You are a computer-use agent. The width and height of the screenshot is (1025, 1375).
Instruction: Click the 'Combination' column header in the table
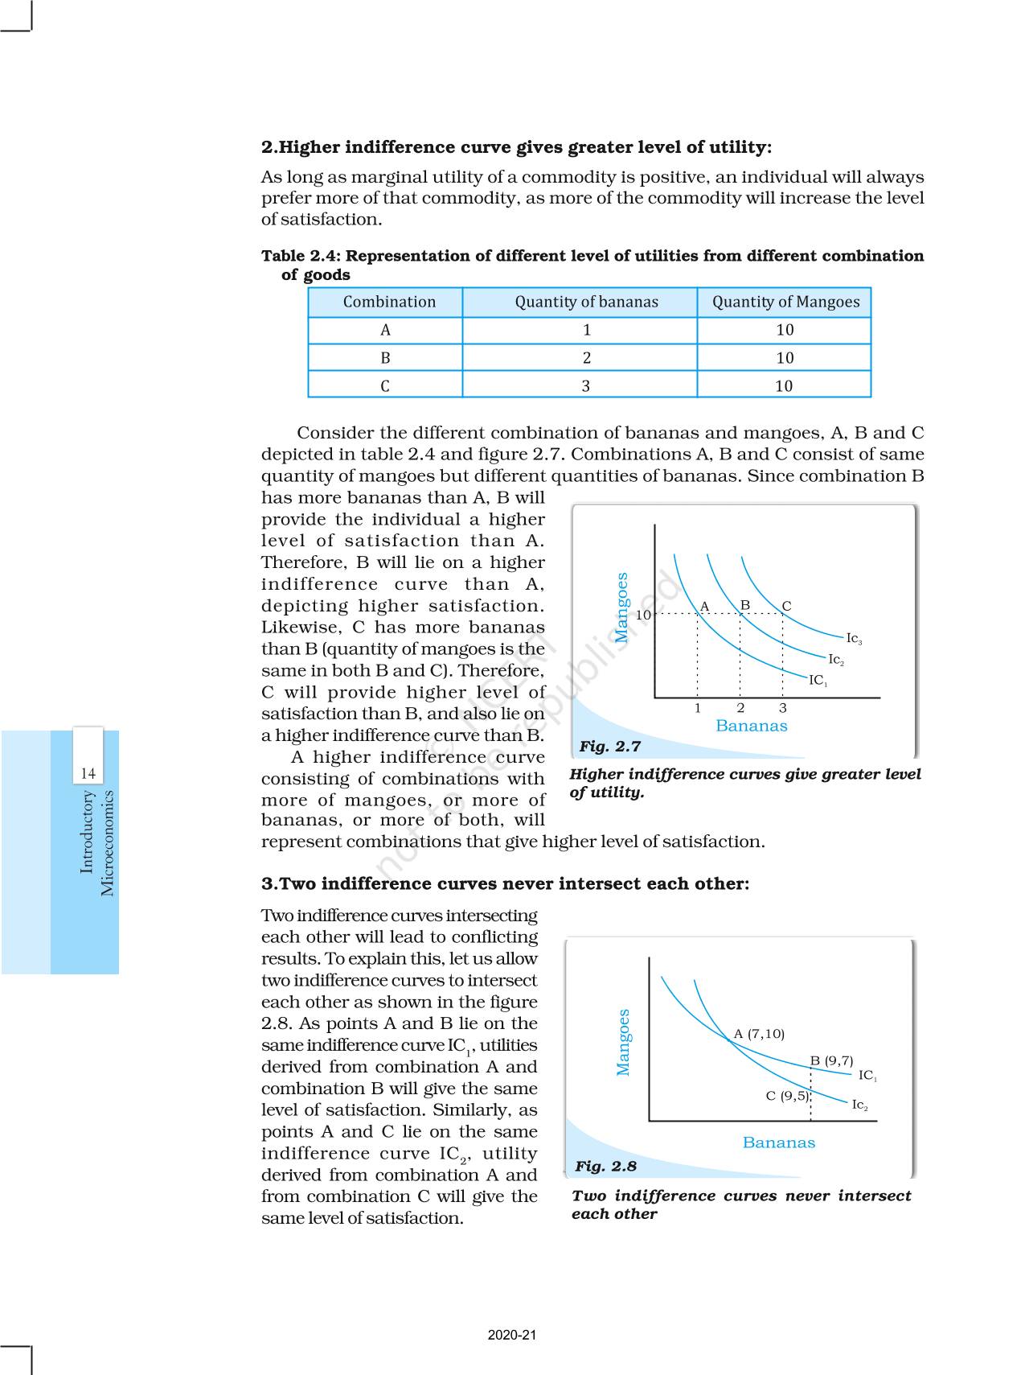coord(389,302)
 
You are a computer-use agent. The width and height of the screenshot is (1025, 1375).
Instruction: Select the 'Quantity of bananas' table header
coord(586,302)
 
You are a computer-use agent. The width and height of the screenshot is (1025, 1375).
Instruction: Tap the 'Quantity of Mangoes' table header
coord(785,302)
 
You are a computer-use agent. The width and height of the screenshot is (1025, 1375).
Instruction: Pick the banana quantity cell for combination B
coord(586,358)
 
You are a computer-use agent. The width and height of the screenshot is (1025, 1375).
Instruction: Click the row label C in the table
coord(385,386)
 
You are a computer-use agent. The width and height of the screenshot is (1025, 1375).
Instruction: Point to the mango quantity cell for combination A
coord(785,330)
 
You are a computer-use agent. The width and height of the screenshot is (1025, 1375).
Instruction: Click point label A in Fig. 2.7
coord(704,607)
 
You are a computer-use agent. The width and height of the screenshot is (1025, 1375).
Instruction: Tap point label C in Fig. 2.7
coord(786,606)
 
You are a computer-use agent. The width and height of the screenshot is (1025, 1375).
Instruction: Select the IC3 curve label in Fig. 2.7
coord(854,639)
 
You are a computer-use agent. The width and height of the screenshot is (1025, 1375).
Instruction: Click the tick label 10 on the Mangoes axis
coord(643,615)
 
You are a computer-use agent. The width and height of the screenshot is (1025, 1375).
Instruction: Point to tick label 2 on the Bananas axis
coord(740,708)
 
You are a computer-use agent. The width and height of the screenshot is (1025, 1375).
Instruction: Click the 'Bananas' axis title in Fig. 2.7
coord(751,726)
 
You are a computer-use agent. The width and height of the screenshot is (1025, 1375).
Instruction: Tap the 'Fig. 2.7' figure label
coord(609,747)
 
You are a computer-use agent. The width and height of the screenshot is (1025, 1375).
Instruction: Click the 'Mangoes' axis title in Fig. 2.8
coord(623,1042)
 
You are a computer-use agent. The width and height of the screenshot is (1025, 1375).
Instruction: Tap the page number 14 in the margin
coord(88,773)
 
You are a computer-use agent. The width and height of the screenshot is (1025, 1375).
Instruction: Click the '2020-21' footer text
coord(512,1335)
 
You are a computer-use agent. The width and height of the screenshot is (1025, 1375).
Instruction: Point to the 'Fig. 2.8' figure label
coord(605,1167)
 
